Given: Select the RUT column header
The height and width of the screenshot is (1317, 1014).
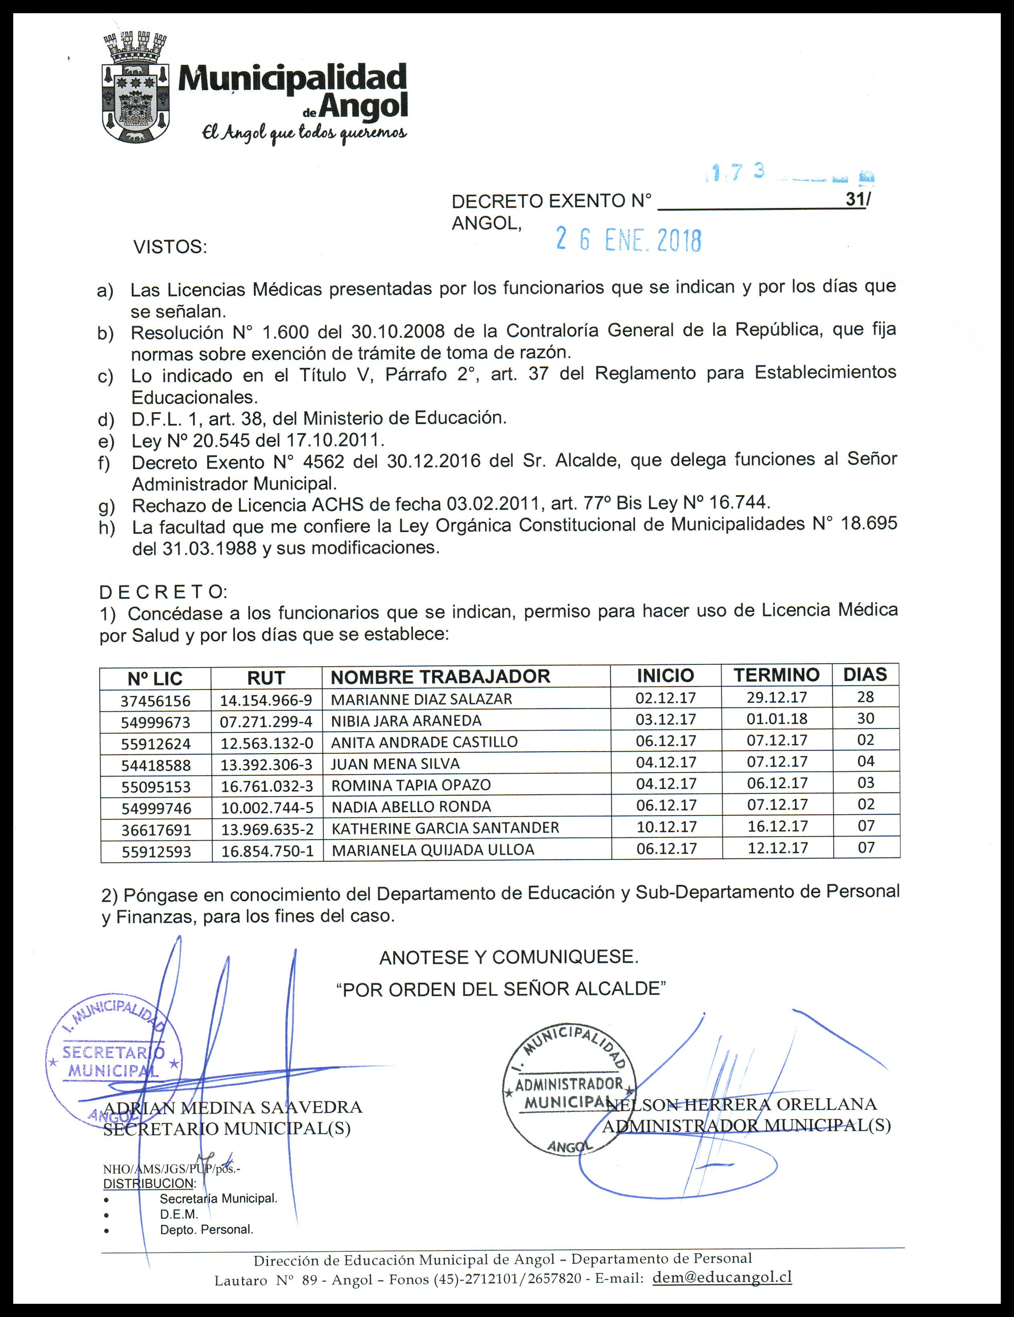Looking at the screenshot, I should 266,678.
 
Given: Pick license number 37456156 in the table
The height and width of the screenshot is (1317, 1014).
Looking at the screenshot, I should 155,701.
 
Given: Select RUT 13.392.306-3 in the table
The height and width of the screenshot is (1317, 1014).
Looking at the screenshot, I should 266,764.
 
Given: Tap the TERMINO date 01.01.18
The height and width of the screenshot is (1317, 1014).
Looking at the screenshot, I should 777,719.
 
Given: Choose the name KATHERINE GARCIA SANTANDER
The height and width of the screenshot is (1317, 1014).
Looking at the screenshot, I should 446,828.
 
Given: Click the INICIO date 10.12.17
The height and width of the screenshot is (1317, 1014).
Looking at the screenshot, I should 666,827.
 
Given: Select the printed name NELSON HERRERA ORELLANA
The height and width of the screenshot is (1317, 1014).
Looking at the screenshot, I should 742,1104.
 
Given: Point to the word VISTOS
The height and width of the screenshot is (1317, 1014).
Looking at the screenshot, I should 170,247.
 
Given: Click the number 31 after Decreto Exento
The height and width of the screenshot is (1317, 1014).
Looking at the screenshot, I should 854,200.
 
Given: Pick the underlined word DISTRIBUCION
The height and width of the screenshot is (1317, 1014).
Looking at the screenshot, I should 149,1183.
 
